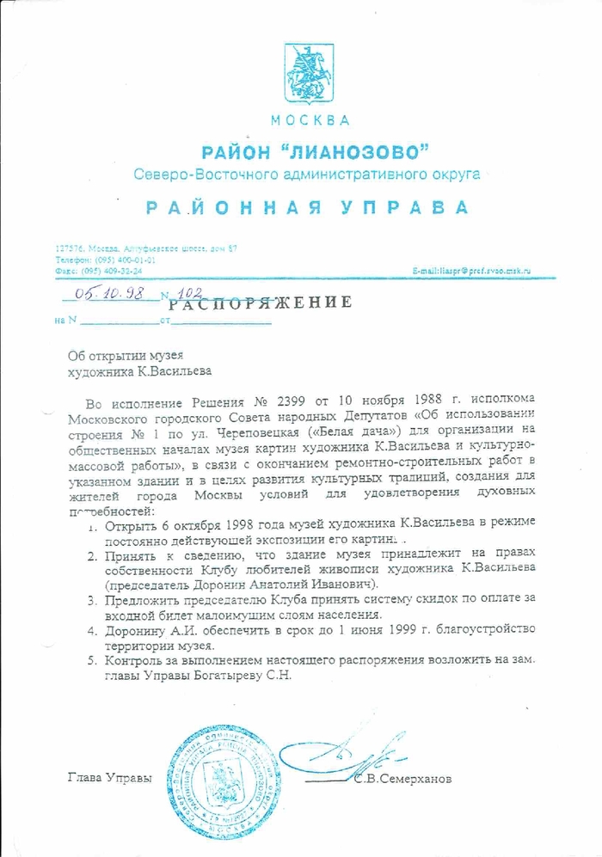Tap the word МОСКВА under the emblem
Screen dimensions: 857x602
click(x=310, y=119)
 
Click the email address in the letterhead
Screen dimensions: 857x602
click(x=472, y=270)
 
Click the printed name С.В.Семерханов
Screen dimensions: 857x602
click(x=401, y=780)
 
